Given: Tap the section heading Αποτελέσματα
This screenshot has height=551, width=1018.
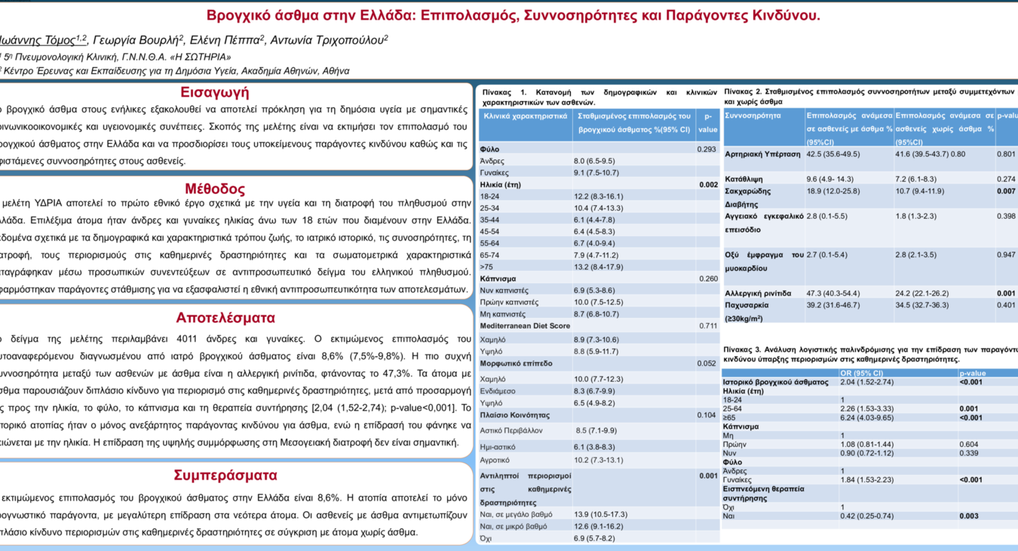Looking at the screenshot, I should [225, 317].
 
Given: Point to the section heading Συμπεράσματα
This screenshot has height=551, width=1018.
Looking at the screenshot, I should [225, 476].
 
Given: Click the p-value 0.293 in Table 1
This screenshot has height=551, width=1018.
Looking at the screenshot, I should [706, 149].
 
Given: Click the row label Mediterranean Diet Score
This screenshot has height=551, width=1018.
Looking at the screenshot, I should [525, 326].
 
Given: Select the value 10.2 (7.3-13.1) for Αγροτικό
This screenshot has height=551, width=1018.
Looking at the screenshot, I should [599, 460].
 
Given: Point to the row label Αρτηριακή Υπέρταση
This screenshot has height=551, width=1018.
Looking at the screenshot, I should [762, 155].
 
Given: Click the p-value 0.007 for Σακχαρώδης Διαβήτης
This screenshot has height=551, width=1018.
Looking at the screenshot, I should [1005, 191].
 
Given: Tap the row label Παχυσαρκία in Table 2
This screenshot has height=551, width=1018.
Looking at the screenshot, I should [747, 306].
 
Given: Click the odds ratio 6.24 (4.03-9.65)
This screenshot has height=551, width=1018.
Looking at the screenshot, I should [867, 417].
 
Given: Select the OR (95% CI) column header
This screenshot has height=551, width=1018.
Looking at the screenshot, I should [861, 373].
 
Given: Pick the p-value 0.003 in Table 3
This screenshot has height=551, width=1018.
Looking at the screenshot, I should [969, 516].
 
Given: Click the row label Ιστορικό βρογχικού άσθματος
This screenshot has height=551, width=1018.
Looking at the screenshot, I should [775, 382].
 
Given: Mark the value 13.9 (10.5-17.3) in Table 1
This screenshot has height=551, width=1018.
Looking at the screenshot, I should [601, 514].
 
